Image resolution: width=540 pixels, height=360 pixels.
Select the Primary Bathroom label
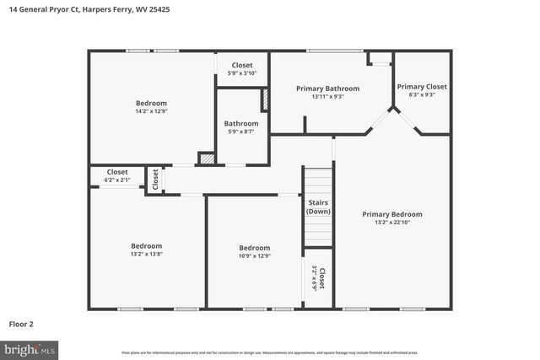pos(327,89)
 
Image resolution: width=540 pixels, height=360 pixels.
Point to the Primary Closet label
pos(422,87)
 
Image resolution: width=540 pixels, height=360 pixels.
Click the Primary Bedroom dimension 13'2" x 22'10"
pos(391,223)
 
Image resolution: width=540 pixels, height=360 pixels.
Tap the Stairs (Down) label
pos(318,207)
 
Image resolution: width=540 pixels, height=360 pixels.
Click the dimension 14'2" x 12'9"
pos(151,111)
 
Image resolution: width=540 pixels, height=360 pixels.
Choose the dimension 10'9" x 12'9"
pos(253,255)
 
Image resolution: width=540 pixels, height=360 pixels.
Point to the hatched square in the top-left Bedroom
pos(206,158)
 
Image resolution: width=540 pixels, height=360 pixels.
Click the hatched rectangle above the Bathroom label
pos(264,99)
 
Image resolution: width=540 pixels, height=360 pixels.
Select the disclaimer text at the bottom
pos(270,352)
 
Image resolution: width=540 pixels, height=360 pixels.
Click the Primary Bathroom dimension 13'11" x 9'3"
pos(327,96)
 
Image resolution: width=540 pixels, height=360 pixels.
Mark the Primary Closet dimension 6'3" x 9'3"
pos(422,95)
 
